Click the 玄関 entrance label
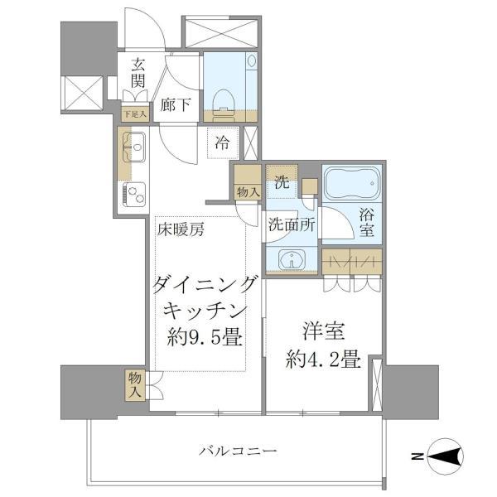coord(138,73)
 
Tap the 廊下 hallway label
coord(175,105)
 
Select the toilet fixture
coord(223,102)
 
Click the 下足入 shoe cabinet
coord(135,113)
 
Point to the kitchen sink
coord(134,147)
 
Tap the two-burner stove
coord(134,193)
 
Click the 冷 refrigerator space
coord(223,143)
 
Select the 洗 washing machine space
coord(282,181)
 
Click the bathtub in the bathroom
coord(352,183)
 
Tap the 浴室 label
coord(367,223)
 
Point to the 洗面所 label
coord(292,225)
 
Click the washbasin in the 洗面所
coord(292,259)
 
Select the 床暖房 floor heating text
coord(181,229)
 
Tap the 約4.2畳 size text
coord(323,359)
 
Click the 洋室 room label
coord(324,331)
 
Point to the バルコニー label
coord(238,451)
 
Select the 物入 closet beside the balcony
coord(135,385)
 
